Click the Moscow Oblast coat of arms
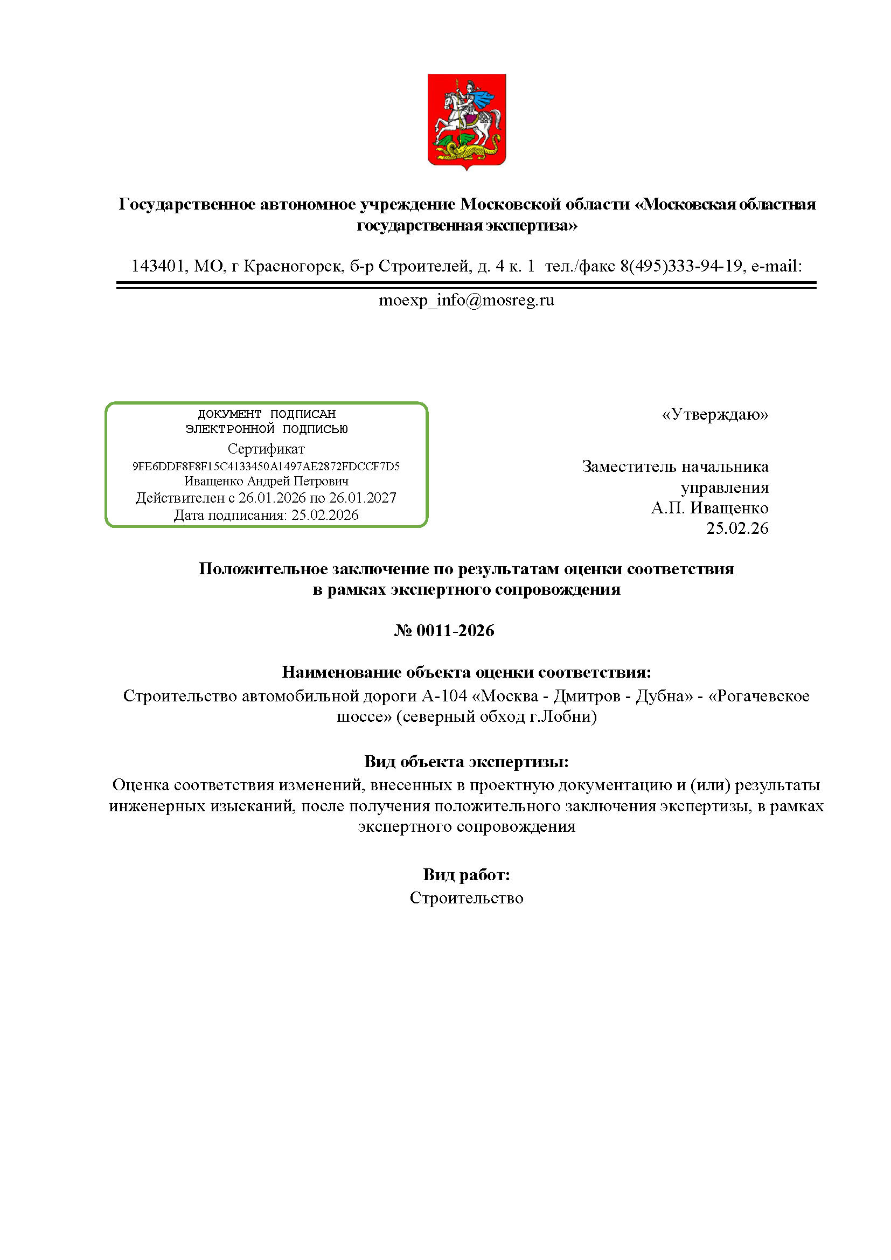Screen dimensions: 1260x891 [467, 121]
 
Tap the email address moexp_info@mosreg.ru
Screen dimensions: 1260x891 [467, 300]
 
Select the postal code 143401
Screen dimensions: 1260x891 [158, 266]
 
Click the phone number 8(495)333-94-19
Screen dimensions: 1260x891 [681, 266]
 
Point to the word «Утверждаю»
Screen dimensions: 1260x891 [715, 414]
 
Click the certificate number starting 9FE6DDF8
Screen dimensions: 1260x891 [266, 467]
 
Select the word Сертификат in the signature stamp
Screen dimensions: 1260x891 [266, 449]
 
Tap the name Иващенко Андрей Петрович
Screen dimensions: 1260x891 [266, 481]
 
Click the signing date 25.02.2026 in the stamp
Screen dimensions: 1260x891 [325, 516]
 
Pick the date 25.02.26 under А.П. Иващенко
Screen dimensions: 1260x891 [737, 528]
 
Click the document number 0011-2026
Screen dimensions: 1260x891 [455, 631]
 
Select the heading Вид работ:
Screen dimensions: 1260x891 [467, 874]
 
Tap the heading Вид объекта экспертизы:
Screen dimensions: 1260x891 [467, 762]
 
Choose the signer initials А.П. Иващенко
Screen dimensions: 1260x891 [709, 508]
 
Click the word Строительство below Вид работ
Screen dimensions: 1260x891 [467, 899]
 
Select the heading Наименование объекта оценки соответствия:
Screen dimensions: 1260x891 [467, 672]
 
